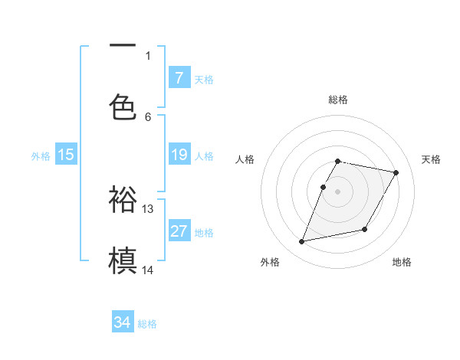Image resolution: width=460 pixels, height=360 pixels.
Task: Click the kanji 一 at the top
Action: tap(123, 46)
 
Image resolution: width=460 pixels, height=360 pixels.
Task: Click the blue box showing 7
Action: tap(179, 77)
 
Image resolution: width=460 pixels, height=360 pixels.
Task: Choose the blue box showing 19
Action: tap(179, 155)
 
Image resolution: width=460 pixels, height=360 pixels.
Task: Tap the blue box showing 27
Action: tap(179, 231)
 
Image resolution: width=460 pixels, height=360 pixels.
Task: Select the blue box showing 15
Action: tap(66, 155)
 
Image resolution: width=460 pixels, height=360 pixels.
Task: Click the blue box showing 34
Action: tap(123, 322)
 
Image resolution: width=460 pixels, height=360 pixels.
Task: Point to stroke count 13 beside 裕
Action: tap(148, 208)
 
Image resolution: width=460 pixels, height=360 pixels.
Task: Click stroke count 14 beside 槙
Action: tap(148, 270)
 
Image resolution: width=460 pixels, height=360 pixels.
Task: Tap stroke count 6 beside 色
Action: tap(148, 116)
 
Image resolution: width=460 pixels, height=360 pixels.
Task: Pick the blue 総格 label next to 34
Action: tap(148, 324)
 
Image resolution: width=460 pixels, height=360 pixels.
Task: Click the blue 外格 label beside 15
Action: tap(41, 156)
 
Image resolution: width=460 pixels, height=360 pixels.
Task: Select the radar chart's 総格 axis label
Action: tap(338, 100)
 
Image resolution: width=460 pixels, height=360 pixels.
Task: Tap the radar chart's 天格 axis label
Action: tap(432, 159)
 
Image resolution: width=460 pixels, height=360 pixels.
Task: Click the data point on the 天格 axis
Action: tap(396, 173)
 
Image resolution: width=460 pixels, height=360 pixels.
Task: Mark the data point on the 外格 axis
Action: tap(302, 242)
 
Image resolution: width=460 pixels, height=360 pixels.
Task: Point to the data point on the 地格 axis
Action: tap(365, 230)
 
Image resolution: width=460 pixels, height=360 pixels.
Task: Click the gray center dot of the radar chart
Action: tap(338, 191)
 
